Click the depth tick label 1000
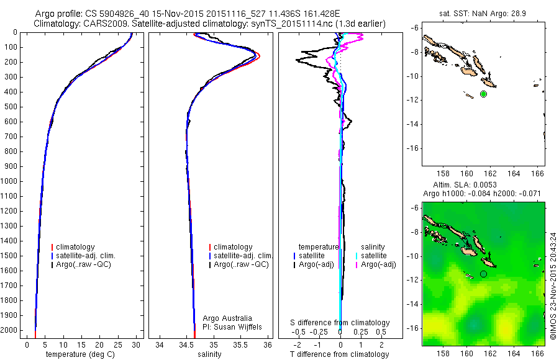pos(11,182)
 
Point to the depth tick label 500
pos(12,107)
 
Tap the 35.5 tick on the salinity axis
pos(240,344)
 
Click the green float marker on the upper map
pos(483,94)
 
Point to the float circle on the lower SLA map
pos(483,274)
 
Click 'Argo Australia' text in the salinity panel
pos(227,318)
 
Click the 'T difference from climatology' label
pos(339,354)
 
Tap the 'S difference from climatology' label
pos(340,323)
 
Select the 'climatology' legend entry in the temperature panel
pos(84,247)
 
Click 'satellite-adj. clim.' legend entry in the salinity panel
pos(243,256)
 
